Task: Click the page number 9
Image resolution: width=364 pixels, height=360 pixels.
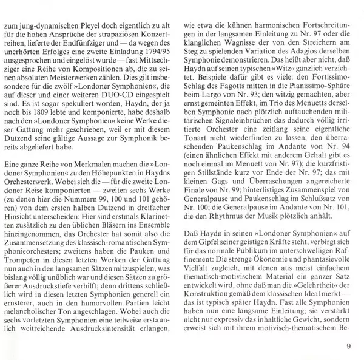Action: pyautogui.click(x=349, y=348)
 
